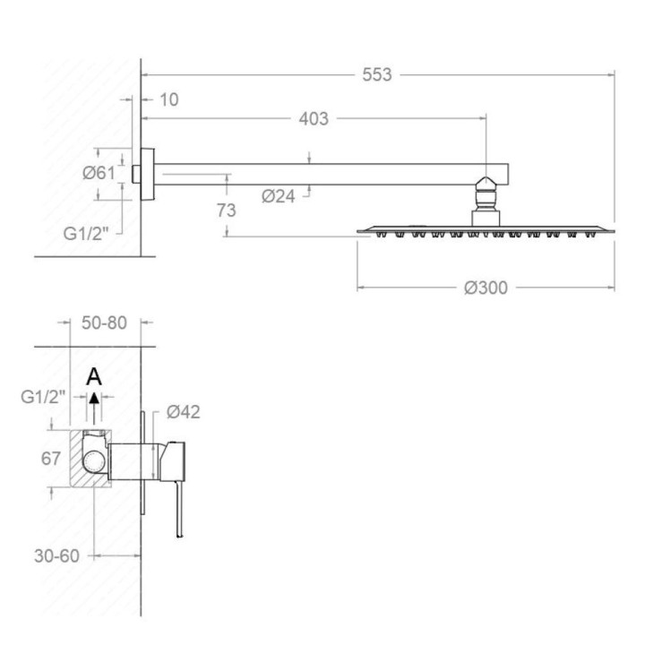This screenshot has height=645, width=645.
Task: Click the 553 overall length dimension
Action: pos(377,75)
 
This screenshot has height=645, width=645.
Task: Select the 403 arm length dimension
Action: pos(314,119)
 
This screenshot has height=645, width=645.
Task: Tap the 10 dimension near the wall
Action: pos(168,99)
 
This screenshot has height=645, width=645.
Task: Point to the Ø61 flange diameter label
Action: pos(99,173)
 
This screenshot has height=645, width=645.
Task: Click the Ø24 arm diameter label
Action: pos(279,196)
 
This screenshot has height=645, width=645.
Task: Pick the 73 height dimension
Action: pos(227,211)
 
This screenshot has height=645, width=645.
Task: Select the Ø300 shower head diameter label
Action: pos(486,288)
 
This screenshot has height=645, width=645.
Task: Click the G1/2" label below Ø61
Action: pos(86,234)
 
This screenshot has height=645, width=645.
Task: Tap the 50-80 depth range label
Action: pos(104,322)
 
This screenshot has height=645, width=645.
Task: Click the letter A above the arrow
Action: pos(94,377)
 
